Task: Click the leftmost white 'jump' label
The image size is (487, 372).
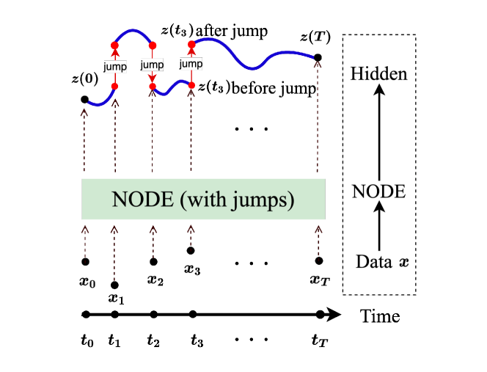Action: click(x=115, y=67)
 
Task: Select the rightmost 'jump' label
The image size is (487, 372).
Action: click(x=191, y=65)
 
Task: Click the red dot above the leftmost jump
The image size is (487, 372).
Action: click(x=114, y=46)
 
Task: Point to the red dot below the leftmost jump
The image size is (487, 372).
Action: click(x=114, y=87)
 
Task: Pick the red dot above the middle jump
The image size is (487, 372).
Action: click(x=153, y=45)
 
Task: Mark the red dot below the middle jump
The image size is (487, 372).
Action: click(x=153, y=87)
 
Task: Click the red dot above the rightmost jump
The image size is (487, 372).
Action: click(x=191, y=45)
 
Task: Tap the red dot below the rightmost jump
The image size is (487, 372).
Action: click(x=191, y=86)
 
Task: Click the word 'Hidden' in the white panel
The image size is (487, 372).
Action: click(x=378, y=74)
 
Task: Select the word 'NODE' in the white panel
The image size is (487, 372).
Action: click(x=378, y=192)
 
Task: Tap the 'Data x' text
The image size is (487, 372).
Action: click(x=382, y=261)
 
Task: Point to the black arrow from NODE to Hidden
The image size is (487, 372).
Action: click(x=379, y=132)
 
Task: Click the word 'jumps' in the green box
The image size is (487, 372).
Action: click(x=268, y=200)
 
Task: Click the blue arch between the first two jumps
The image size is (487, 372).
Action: click(x=133, y=32)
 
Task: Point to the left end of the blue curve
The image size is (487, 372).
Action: click(x=89, y=103)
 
